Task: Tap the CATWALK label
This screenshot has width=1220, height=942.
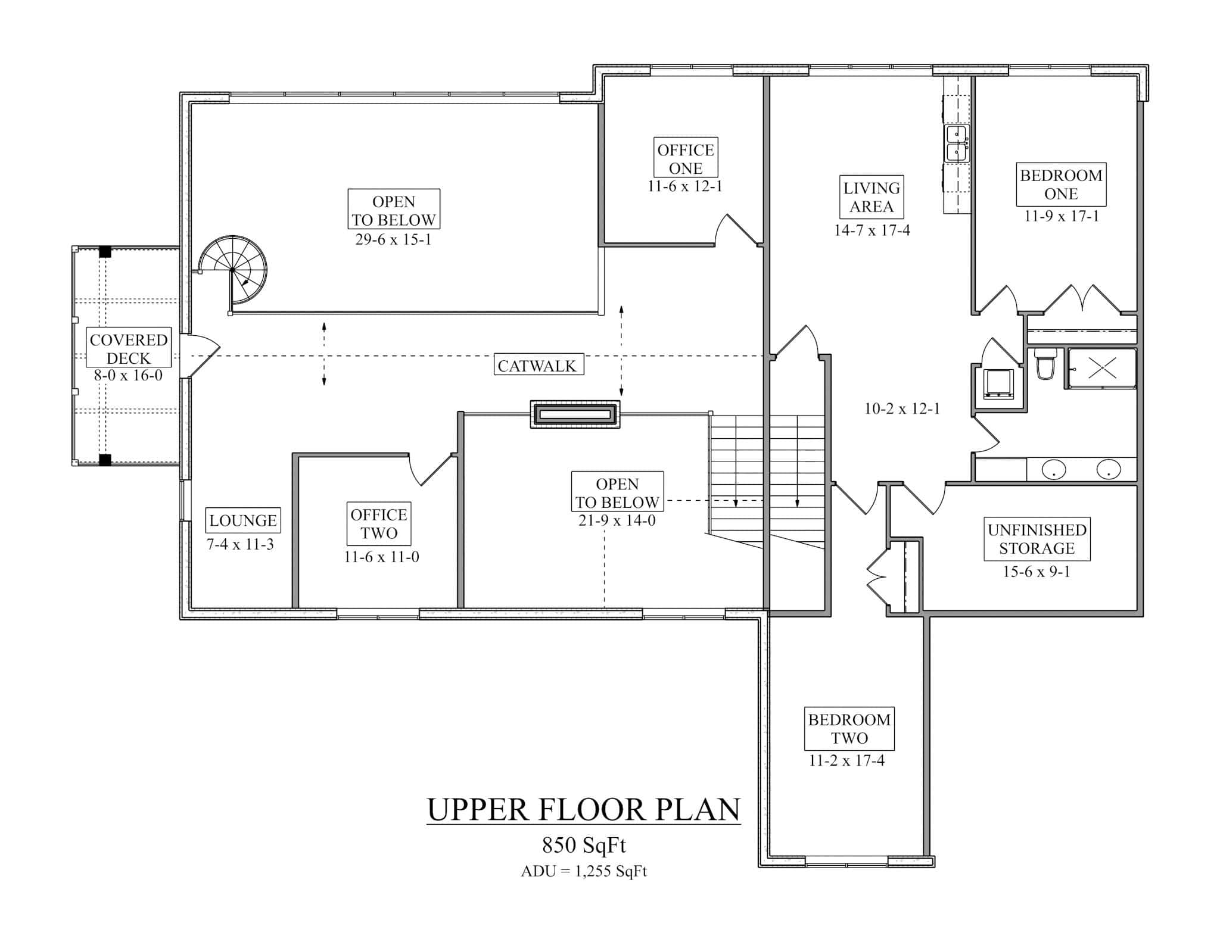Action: (x=538, y=365)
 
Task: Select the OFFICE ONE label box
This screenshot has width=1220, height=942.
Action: (x=685, y=158)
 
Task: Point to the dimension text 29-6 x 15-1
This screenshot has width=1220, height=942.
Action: (x=393, y=239)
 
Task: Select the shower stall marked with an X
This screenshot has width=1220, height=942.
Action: (x=1101, y=369)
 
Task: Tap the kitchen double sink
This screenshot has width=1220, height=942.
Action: (x=957, y=143)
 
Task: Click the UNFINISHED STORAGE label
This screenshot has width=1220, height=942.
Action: (x=1037, y=539)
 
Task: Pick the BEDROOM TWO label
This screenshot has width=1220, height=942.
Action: (x=849, y=728)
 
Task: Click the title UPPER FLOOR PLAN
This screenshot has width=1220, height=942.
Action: (x=583, y=810)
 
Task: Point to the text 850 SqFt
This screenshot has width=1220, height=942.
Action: (x=583, y=845)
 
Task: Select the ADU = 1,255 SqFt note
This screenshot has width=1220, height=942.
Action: (x=583, y=871)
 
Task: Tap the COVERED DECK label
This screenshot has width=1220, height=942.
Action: (x=129, y=348)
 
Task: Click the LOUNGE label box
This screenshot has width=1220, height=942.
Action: (x=243, y=520)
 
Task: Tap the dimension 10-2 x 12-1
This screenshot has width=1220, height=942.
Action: (x=902, y=408)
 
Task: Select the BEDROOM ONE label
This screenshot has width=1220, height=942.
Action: (x=1061, y=185)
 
